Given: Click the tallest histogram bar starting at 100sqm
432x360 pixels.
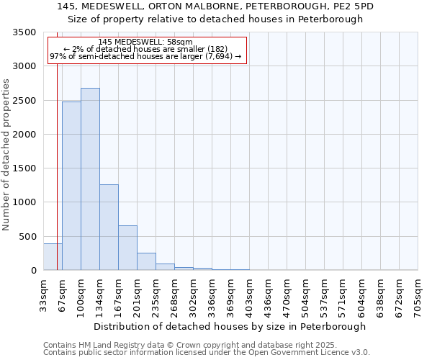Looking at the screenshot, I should click(x=90, y=180).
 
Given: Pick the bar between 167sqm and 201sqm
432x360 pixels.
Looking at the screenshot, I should click(x=127, y=248).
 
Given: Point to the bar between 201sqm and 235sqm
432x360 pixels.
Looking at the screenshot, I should click(x=146, y=262).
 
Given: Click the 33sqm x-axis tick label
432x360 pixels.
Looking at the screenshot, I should click(x=44, y=293).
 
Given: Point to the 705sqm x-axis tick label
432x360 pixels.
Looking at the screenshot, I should click(x=418, y=293).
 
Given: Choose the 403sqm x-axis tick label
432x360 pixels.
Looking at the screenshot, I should click(x=250, y=293).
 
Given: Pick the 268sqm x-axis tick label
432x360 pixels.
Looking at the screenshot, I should click(x=175, y=293).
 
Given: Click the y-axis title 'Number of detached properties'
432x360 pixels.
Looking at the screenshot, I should click(x=6, y=155).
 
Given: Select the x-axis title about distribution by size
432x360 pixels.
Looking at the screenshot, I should click(x=230, y=326).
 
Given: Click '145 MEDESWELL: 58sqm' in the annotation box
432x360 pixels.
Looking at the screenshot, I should click(x=145, y=42).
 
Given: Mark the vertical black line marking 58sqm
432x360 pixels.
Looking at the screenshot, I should click(x=57, y=158).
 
